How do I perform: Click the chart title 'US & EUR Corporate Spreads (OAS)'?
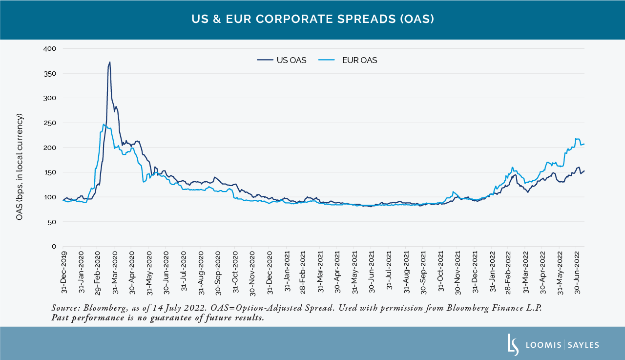pos(312,20)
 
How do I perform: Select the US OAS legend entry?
pos(282,61)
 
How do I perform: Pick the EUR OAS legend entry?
pos(348,61)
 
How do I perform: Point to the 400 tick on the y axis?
pos(50,49)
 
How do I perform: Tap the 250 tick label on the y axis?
pos(50,123)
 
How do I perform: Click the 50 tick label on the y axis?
pos(52,222)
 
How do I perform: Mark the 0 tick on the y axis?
pos(54,247)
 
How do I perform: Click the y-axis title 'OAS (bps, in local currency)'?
pos(20,167)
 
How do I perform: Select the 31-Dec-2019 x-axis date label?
pos(64,273)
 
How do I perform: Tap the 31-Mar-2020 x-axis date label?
pos(115,273)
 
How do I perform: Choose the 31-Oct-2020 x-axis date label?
pos(235,273)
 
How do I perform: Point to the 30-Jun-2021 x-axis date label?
pos(372,273)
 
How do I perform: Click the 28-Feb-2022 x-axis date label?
pos(509,273)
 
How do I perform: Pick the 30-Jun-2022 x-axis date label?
pos(577,273)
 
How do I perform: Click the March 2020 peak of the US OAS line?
pos(110,62)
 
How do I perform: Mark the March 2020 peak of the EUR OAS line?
pos(104,124)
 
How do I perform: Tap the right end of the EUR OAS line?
pos(584,144)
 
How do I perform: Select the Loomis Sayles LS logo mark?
pos(513,344)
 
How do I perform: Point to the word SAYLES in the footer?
pos(583,345)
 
